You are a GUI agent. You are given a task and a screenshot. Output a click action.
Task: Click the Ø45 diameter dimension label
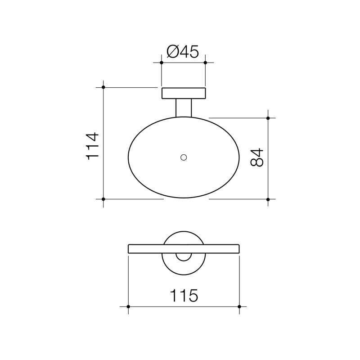click(183, 52)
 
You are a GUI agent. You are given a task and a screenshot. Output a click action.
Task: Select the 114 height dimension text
click(92, 145)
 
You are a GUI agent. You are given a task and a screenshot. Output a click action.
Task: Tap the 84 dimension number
click(257, 157)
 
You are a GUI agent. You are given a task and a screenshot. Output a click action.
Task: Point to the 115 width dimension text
click(184, 296)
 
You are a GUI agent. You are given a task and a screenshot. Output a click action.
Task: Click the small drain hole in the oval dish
click(183, 157)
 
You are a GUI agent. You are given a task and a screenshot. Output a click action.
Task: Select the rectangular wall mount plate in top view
click(184, 93)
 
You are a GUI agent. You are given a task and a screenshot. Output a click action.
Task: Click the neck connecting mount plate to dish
click(184, 108)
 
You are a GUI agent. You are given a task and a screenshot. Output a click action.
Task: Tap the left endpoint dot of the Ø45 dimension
click(162, 63)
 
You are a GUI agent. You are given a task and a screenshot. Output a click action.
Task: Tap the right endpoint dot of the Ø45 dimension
click(205, 63)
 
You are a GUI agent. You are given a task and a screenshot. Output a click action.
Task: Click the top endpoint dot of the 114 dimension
click(103, 87)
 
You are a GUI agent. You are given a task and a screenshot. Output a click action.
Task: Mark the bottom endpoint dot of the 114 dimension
click(103, 199)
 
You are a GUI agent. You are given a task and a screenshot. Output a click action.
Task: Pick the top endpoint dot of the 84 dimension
click(268, 118)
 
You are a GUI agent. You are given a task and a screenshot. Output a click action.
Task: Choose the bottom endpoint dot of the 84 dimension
click(268, 199)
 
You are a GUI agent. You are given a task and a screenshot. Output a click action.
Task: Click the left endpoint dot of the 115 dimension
click(128, 306)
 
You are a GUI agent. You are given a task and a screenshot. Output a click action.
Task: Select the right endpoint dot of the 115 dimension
click(239, 306)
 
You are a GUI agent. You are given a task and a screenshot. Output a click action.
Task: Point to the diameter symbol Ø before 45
click(173, 52)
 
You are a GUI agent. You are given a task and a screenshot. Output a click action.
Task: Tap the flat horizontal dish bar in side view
click(148, 249)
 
